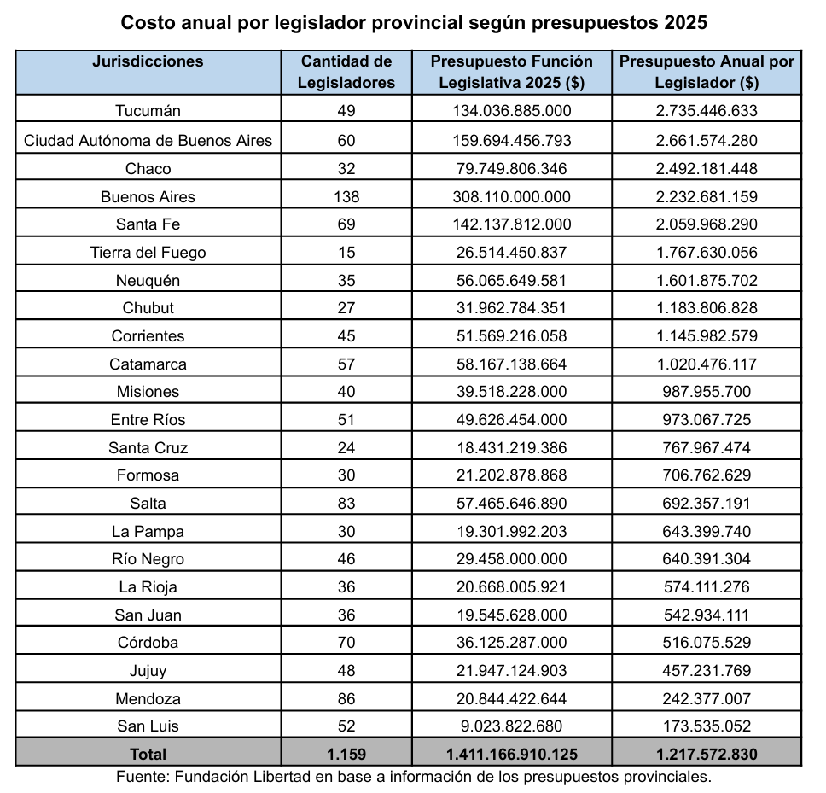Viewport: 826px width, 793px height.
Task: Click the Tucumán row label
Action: (148, 111)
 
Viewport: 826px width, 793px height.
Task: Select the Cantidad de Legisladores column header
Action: (346, 72)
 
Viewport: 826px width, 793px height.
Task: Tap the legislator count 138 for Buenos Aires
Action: (346, 196)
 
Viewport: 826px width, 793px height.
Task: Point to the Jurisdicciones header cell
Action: (148, 61)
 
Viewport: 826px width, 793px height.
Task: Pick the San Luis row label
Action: (148, 726)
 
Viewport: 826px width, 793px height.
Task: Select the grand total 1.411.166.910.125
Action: (511, 754)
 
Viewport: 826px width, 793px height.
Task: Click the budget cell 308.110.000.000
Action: (511, 196)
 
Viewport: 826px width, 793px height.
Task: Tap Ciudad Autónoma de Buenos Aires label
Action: (148, 140)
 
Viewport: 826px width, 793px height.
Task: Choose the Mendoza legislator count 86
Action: (346, 698)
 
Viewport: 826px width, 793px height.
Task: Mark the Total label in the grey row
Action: (148, 754)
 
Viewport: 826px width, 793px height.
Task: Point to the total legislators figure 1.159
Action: (346, 754)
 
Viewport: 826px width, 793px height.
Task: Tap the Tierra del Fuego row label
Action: (148, 253)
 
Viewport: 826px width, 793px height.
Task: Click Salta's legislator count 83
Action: (346, 504)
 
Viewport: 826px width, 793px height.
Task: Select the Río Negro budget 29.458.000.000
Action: (511, 559)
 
